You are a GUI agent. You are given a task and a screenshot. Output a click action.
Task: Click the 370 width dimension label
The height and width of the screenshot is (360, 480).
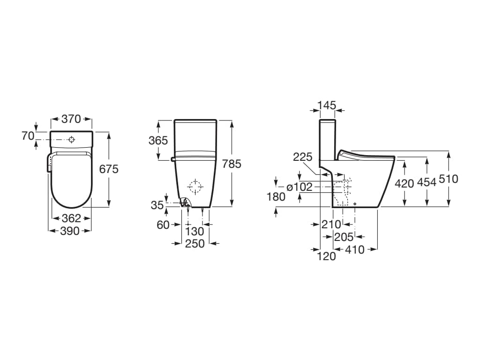tap(71, 119)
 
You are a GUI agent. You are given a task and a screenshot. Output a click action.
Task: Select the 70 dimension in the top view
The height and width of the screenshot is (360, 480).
tap(28, 136)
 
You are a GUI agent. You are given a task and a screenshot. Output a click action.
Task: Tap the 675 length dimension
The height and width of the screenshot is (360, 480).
tap(109, 169)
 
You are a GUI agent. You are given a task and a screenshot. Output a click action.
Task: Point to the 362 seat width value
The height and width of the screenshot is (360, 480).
tap(72, 218)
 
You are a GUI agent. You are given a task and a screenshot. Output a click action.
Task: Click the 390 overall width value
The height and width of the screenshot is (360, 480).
tap(70, 231)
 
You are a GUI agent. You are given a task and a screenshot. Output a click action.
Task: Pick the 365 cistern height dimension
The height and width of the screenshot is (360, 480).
tap(158, 140)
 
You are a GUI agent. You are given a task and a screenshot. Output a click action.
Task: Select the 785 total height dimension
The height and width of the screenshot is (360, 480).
tap(232, 164)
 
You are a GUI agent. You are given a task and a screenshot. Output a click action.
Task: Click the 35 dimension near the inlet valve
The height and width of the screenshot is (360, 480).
tap(157, 205)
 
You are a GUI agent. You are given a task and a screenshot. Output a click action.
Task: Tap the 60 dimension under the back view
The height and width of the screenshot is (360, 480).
tap(163, 225)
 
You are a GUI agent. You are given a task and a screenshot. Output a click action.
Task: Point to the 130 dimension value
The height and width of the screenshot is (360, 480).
tap(195, 231)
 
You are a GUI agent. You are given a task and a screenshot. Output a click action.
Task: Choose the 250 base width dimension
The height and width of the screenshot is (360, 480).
tap(195, 243)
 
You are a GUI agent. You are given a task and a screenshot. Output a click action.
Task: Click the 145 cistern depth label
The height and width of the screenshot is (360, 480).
tap(327, 105)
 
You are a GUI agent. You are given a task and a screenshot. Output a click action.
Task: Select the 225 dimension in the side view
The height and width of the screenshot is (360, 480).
tap(302, 157)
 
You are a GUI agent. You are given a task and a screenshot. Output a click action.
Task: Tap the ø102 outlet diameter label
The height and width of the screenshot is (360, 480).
tap(299, 187)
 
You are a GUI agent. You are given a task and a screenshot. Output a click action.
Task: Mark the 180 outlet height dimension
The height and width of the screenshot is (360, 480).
tap(276, 196)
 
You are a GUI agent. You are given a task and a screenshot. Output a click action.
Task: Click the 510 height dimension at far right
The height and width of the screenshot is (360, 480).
tap(449, 179)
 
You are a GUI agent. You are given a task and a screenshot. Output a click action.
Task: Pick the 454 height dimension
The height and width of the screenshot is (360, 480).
tap(427, 182)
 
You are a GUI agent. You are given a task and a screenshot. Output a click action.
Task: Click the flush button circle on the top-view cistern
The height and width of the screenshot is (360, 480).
tap(71, 139)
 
